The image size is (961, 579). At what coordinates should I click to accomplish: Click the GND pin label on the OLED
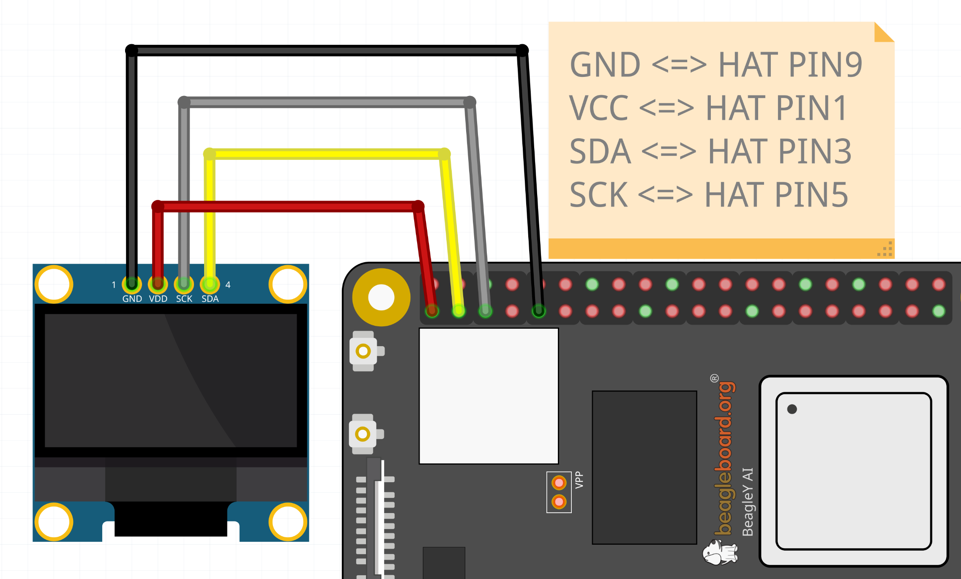click(x=132, y=299)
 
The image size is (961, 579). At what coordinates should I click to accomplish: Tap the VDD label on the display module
click(x=158, y=299)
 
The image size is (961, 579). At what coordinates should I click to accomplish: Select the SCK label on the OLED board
click(x=184, y=299)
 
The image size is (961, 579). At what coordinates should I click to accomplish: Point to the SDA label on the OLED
click(x=210, y=299)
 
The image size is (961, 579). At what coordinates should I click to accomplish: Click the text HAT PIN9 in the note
click(x=790, y=65)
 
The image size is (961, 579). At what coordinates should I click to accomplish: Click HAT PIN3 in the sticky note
click(x=779, y=151)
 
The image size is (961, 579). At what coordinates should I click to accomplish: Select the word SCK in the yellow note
click(x=598, y=195)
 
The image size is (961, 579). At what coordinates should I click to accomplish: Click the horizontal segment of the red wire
click(x=287, y=206)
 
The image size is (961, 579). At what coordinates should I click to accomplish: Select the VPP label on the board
click(x=579, y=480)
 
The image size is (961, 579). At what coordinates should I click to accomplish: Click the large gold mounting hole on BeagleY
click(x=381, y=297)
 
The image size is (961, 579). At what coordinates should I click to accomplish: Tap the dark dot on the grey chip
click(x=792, y=409)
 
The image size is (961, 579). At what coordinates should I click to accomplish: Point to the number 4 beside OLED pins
click(x=228, y=285)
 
